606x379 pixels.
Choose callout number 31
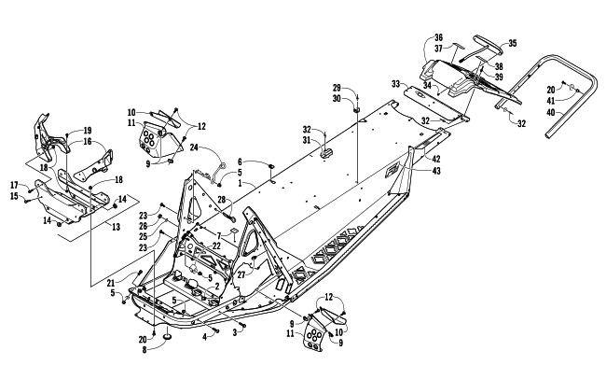(x=308, y=141)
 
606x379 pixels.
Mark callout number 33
(x=395, y=83)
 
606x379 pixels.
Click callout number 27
(x=241, y=276)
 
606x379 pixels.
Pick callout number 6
(x=239, y=161)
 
